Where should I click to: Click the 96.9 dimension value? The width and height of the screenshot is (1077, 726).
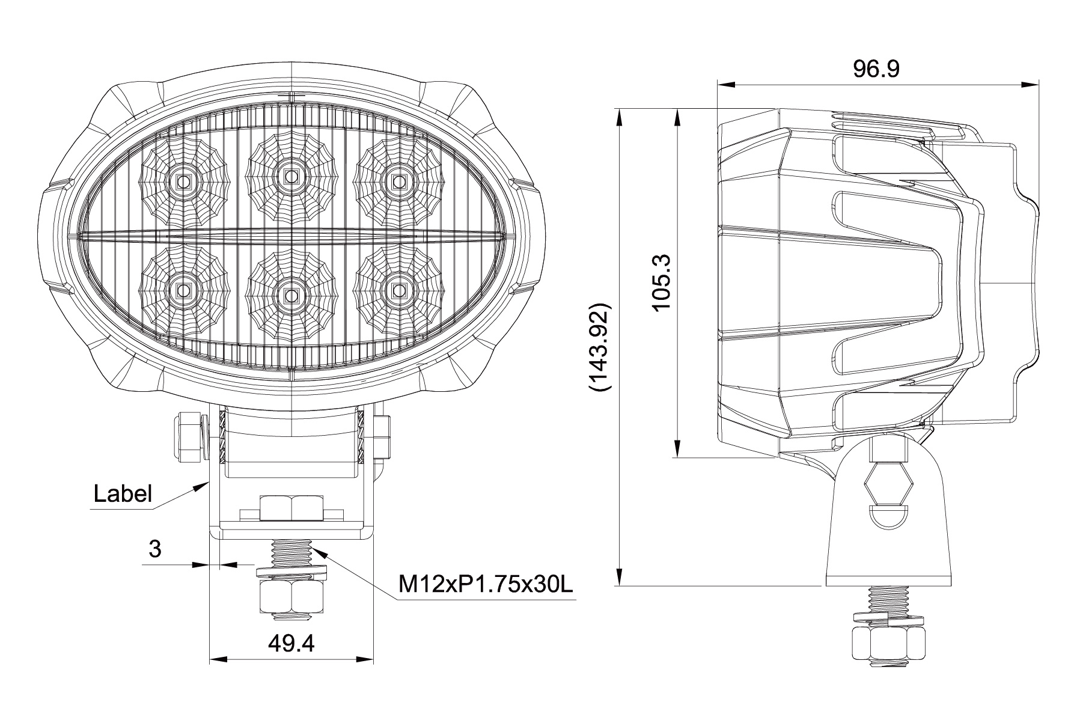pyautogui.click(x=876, y=69)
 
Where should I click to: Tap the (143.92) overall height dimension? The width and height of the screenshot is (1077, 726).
pyautogui.click(x=600, y=347)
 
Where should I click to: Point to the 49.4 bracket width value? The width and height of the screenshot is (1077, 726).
pyautogui.click(x=291, y=644)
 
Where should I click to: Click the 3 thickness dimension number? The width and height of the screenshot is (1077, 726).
pyautogui.click(x=156, y=548)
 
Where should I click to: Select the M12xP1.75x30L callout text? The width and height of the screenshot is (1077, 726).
pyautogui.click(x=485, y=583)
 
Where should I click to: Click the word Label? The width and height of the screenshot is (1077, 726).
pyautogui.click(x=123, y=494)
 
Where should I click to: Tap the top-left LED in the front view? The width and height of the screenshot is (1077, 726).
pyautogui.click(x=183, y=180)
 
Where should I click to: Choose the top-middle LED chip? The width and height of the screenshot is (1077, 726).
pyautogui.click(x=291, y=177)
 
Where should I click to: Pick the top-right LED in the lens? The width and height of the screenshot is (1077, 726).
pyautogui.click(x=398, y=180)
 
